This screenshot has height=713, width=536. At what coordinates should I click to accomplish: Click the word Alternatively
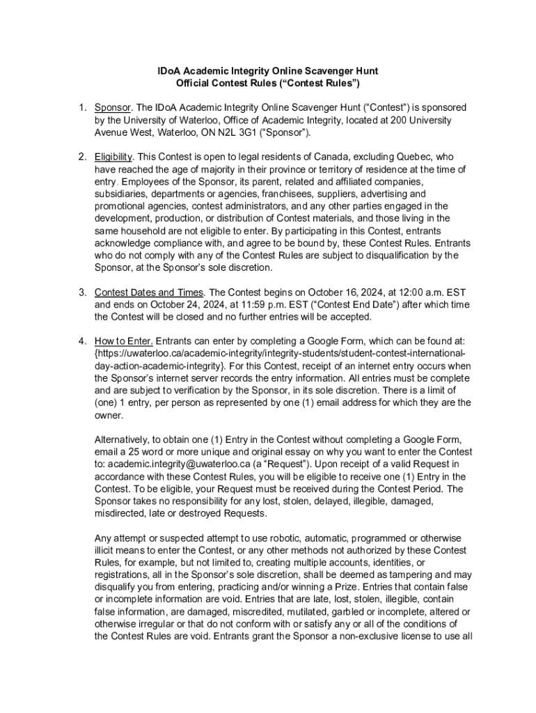125,439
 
